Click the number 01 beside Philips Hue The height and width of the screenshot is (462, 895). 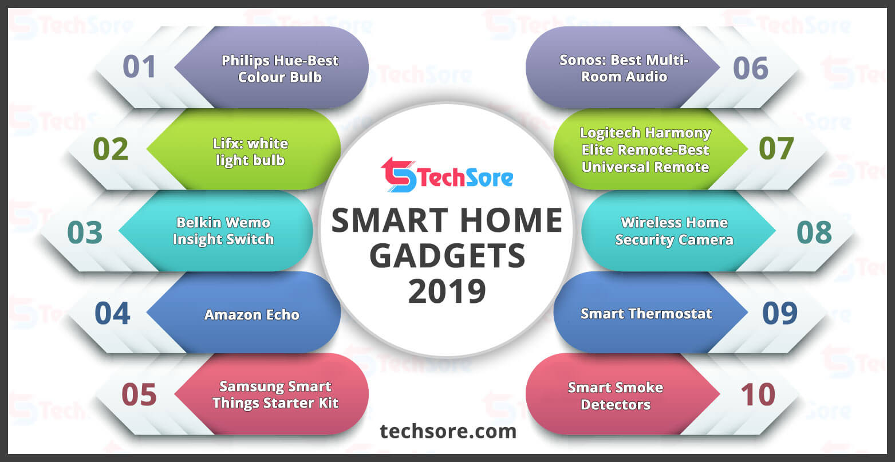[x=139, y=66]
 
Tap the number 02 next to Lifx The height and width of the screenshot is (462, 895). [x=111, y=149]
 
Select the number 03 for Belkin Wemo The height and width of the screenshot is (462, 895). [x=85, y=232]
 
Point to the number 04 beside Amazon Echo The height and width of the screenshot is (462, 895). [x=112, y=314]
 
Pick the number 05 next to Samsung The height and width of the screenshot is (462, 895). [x=139, y=394]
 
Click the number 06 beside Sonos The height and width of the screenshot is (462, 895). [x=751, y=68]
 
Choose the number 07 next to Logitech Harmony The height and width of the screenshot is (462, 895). [x=776, y=148]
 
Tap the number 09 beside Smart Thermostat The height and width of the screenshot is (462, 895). [x=780, y=313]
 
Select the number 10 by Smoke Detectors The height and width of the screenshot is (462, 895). [x=758, y=394]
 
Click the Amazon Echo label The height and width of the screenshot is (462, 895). [x=252, y=315]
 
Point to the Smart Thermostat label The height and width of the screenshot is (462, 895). [x=646, y=314]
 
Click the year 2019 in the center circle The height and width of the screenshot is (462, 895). [x=447, y=291]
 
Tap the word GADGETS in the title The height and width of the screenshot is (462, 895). [x=447, y=255]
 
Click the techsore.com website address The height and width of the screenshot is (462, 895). [x=448, y=431]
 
